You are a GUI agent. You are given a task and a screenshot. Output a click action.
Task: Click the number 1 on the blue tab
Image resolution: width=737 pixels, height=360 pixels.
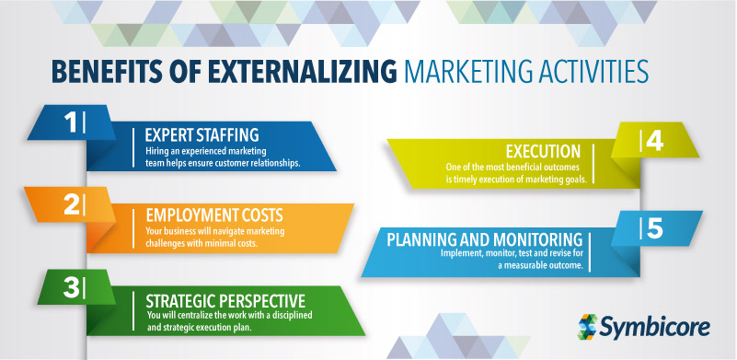click(70, 122)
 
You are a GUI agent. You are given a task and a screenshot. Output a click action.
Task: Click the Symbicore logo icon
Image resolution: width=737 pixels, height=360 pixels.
click(589, 325)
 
